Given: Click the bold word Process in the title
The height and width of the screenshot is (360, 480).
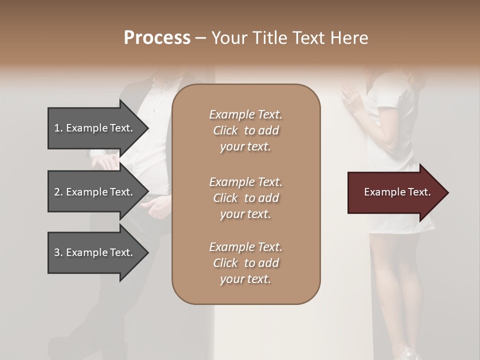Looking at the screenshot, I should [157, 38].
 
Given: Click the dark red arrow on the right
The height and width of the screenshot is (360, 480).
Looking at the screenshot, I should [395, 192].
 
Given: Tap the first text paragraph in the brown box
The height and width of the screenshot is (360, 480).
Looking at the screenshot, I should [245, 130].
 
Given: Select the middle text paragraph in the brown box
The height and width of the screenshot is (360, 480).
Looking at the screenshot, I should [245, 198].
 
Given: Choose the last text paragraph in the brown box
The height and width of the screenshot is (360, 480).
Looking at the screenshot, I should [245, 263].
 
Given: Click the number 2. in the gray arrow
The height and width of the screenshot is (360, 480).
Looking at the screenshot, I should [58, 192].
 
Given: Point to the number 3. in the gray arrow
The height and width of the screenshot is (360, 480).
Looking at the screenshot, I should [58, 252].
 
